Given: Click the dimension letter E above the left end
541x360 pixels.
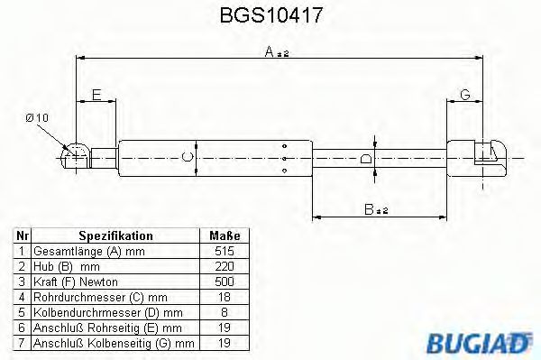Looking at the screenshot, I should click(x=96, y=95).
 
